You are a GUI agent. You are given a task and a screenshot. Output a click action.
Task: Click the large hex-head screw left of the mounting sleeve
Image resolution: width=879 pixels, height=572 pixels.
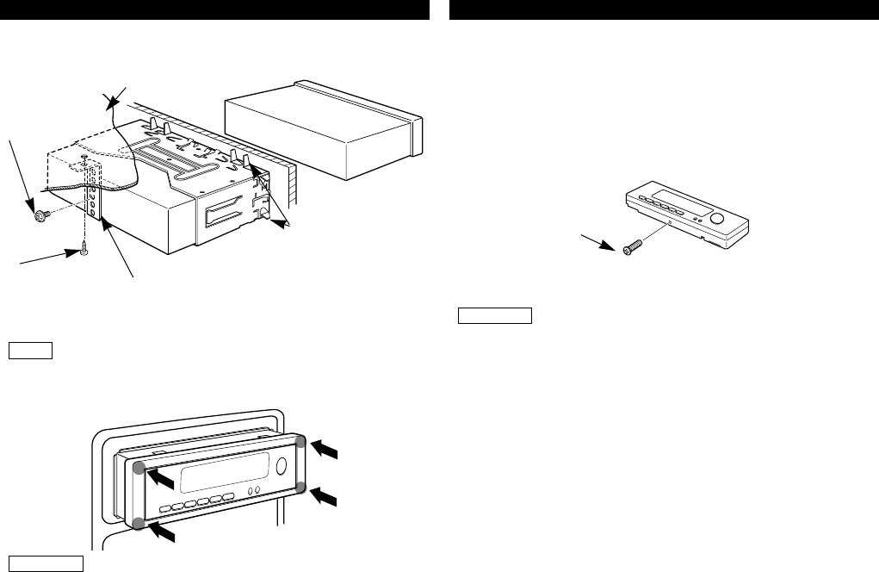click(x=38, y=216)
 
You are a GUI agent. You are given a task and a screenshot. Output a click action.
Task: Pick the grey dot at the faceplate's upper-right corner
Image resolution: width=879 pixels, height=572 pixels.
click(x=300, y=442)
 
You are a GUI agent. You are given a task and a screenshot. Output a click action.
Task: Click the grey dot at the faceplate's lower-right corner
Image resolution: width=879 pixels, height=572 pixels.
click(x=300, y=487)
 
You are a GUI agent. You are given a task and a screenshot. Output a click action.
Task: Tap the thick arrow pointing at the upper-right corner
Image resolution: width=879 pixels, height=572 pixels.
click(x=326, y=448)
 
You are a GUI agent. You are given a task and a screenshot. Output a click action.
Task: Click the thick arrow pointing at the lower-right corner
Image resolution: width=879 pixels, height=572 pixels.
click(x=326, y=497)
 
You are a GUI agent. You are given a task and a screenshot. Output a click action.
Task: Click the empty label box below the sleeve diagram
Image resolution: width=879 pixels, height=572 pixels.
click(x=32, y=351)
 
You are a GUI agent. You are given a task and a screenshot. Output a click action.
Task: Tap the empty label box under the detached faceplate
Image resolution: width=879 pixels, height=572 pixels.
click(x=495, y=314)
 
